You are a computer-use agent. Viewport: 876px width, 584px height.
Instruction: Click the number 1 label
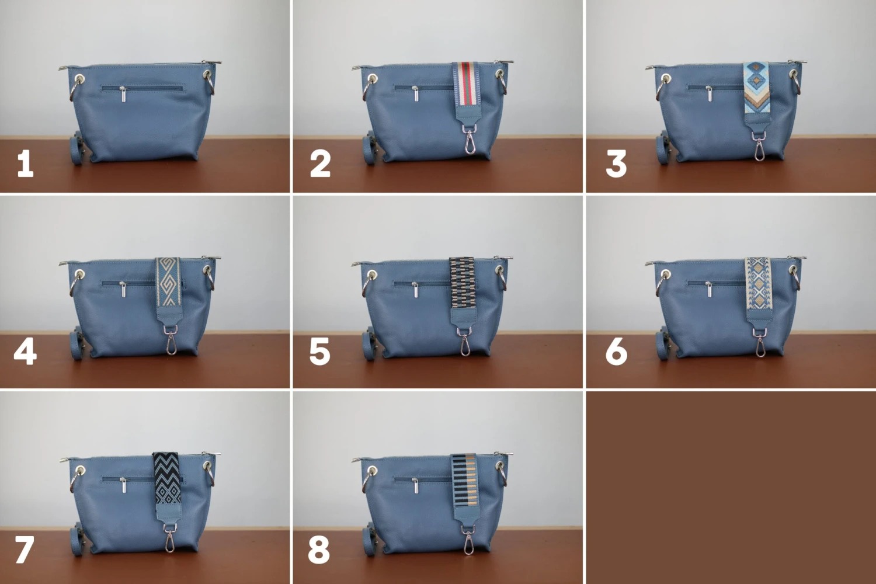coord(25,164)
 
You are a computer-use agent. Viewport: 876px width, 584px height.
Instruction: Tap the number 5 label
coord(319,352)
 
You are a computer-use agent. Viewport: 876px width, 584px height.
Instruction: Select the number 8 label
coord(319,550)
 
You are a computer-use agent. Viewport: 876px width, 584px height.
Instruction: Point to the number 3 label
coord(616,164)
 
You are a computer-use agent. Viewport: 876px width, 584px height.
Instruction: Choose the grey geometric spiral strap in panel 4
coord(169,281)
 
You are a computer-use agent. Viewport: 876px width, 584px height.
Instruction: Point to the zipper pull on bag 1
coord(123,93)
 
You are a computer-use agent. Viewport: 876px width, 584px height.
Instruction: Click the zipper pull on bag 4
coord(123,288)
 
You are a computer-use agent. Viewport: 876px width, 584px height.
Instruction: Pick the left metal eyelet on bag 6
coord(666,273)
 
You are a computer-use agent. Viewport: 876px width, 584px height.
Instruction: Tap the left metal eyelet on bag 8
coord(372,471)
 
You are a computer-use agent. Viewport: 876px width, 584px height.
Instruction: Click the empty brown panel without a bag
coord(731,488)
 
